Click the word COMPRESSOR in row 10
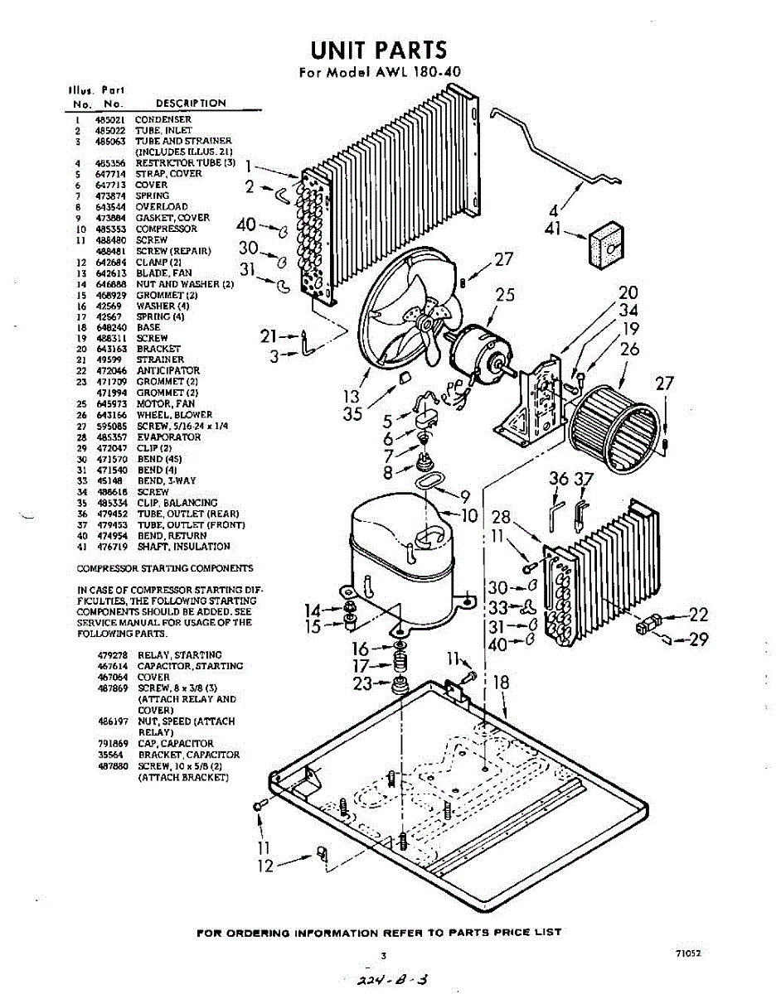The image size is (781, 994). tap(167, 229)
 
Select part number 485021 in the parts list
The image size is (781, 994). tap(109, 119)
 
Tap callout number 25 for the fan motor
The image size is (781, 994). tap(506, 295)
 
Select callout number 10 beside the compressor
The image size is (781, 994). tap(470, 515)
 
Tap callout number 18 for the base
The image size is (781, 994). tap(501, 683)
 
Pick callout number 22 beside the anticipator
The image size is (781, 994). tap(699, 615)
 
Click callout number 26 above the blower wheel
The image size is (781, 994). tap(630, 349)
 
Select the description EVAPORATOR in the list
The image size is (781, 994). tap(168, 437)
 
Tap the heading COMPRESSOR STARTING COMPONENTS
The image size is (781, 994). tap(165, 568)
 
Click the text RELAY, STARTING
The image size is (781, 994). tap(179, 655)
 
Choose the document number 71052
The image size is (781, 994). tap(689, 953)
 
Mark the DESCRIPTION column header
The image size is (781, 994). tap(191, 104)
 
